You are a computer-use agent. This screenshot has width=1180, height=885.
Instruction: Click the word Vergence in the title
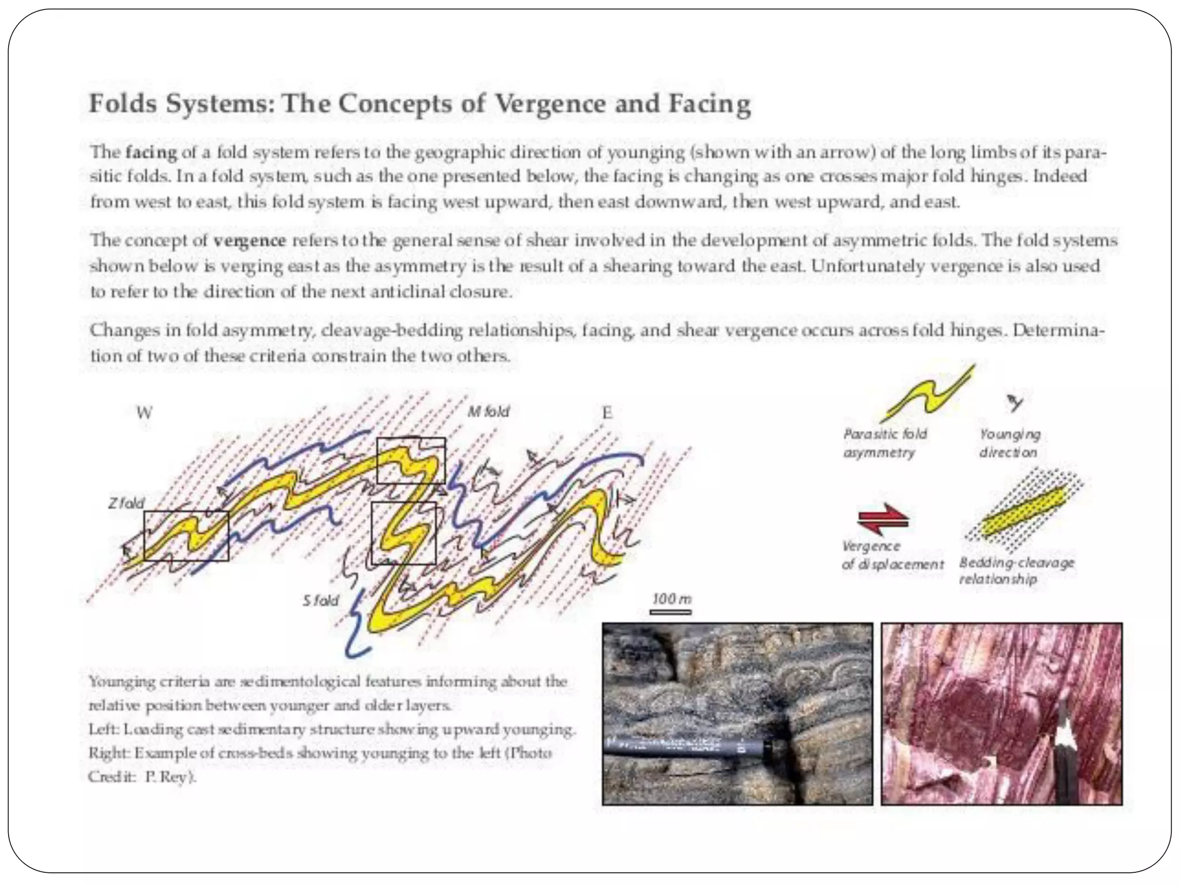[x=550, y=104]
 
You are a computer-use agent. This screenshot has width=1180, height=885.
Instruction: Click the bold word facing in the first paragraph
[x=151, y=153]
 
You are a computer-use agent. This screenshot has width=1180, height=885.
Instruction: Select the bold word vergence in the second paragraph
[x=249, y=240]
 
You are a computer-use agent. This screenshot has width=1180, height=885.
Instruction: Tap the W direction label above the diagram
[x=144, y=413]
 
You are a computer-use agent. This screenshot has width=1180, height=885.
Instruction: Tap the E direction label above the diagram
[x=607, y=413]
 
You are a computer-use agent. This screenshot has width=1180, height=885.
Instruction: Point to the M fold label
[x=489, y=411]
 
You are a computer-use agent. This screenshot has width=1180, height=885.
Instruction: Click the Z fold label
[x=126, y=503]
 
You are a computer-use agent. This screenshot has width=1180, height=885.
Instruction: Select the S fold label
[x=321, y=600]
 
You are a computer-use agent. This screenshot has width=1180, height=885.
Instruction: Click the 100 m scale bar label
[x=672, y=599]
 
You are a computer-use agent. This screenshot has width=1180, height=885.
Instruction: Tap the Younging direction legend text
[x=1009, y=443]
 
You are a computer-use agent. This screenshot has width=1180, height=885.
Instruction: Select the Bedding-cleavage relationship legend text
[x=1016, y=570]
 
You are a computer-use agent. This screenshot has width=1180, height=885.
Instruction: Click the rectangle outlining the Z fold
[x=186, y=536]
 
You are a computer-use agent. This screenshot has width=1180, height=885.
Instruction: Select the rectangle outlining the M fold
[x=411, y=460]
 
